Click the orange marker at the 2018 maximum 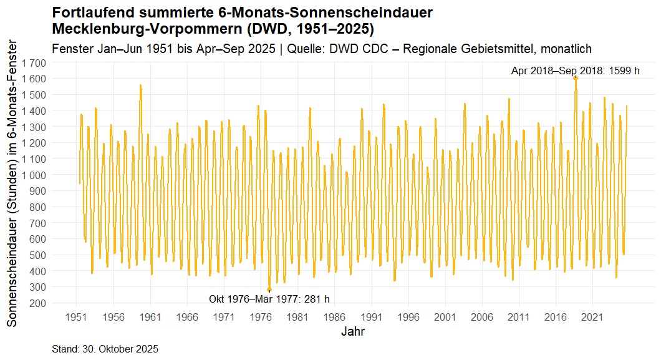click(576, 78)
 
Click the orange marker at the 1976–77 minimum click(269, 289)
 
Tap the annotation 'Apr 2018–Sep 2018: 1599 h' click(575, 71)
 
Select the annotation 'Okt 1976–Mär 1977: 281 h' click(269, 299)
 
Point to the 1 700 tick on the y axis click(34, 63)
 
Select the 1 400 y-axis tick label click(34, 111)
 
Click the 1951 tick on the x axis click(77, 317)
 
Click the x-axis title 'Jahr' click(353, 331)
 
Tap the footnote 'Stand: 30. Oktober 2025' click(105, 349)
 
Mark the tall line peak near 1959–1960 click(140, 85)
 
